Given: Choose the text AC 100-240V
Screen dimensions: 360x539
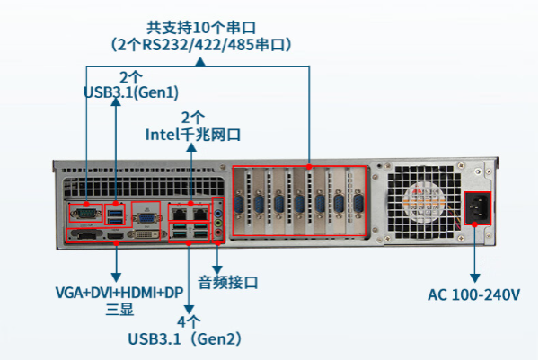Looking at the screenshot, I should [474, 294].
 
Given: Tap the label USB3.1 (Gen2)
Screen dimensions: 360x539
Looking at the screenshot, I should [186, 339].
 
